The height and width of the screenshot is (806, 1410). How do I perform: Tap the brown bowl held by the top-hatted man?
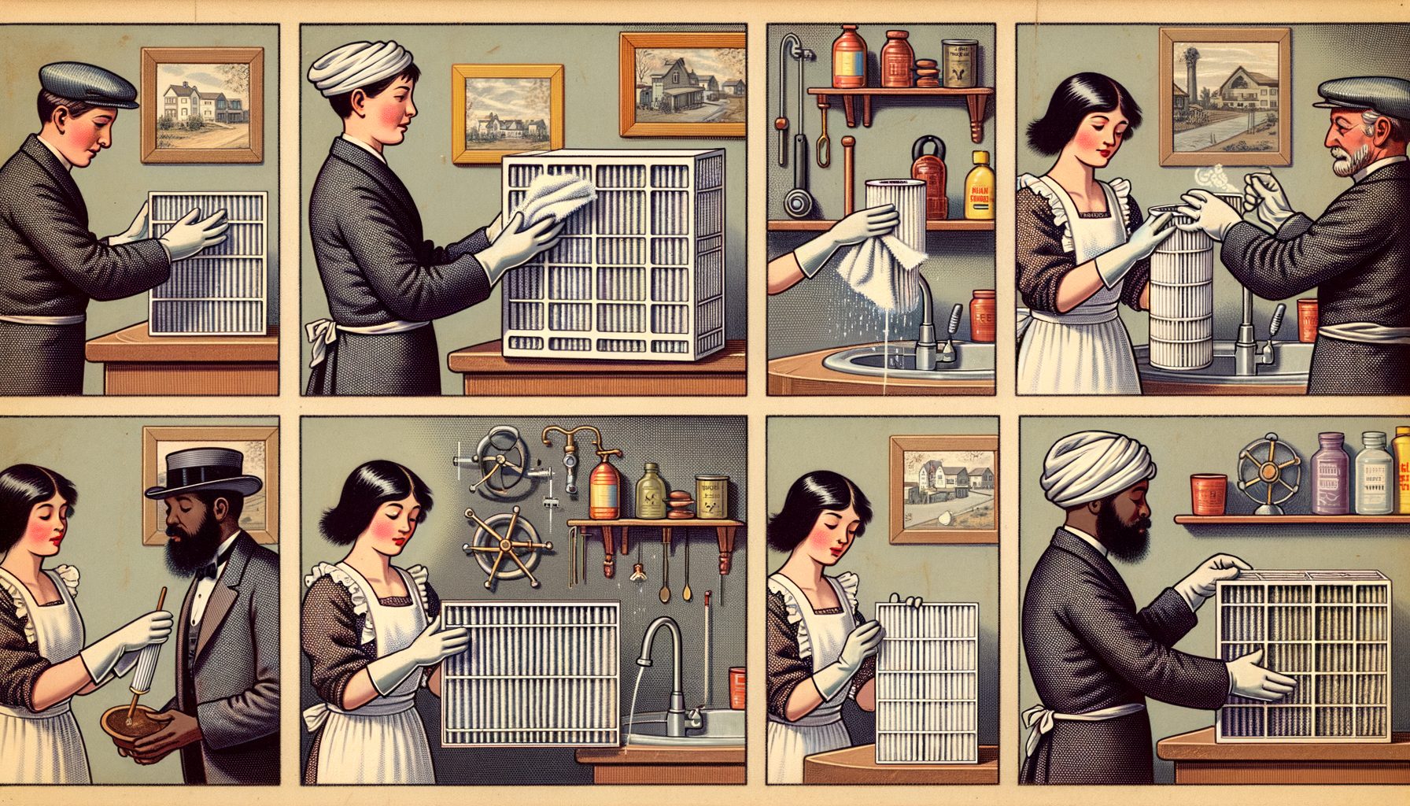pos(134,719)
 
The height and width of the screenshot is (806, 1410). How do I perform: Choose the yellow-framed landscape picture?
pos(508,113)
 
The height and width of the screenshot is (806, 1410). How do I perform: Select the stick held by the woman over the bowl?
pos(149,645)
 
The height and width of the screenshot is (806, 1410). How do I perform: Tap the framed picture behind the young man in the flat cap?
pos(202,105)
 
